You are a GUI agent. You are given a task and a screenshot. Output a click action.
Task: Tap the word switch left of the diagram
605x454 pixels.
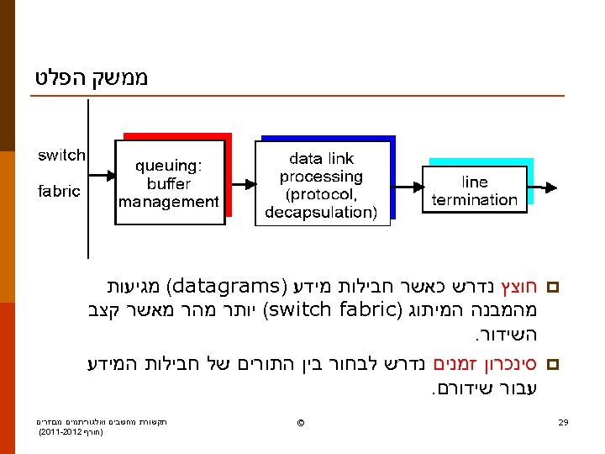click(x=60, y=156)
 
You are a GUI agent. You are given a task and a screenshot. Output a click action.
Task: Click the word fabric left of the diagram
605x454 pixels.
click(x=59, y=191)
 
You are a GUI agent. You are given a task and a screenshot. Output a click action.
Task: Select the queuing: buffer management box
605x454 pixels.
click(x=169, y=183)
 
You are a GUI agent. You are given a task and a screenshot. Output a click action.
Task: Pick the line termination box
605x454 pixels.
click(x=474, y=191)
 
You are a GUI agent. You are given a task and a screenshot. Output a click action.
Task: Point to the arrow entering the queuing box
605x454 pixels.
click(x=101, y=178)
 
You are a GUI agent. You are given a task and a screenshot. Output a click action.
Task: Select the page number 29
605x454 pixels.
click(x=564, y=421)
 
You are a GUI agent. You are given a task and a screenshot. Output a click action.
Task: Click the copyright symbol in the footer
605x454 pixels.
click(x=300, y=422)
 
